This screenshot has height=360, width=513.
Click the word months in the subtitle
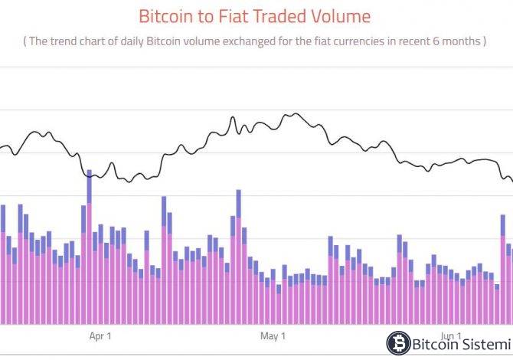[459, 41]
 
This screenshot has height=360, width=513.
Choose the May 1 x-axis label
[273, 335]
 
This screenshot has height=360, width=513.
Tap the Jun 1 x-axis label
[452, 335]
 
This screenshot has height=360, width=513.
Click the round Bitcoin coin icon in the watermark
[397, 342]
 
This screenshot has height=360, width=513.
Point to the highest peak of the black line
[294, 114]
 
